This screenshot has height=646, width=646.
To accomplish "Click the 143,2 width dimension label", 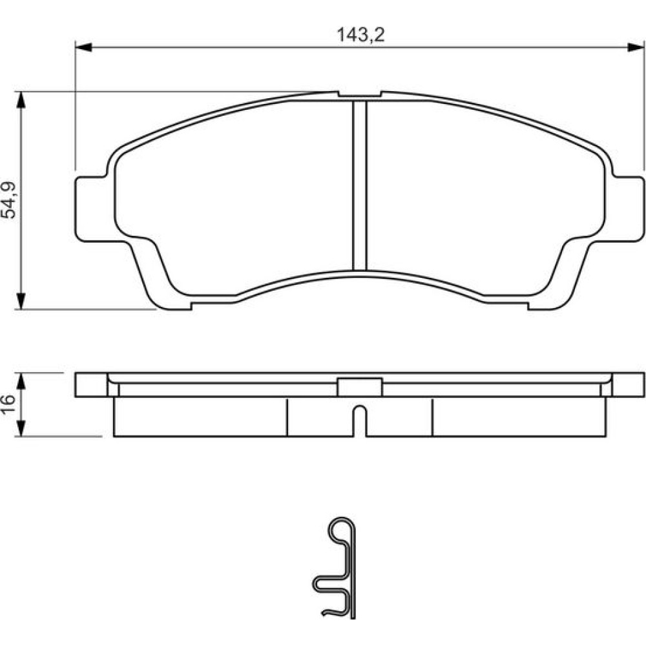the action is [361, 35].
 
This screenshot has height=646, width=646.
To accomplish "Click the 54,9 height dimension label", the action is [9, 200].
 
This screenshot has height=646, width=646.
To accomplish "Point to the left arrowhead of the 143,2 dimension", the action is [83, 47].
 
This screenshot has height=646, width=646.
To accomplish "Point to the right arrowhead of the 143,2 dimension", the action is [635, 47].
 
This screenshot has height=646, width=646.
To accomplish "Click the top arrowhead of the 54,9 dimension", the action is [21, 99].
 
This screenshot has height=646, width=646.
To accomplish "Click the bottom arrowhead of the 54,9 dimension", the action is [21, 301].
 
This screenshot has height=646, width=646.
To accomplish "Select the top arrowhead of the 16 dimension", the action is [21, 381].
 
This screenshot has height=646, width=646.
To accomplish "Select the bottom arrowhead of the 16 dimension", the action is [21, 428].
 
